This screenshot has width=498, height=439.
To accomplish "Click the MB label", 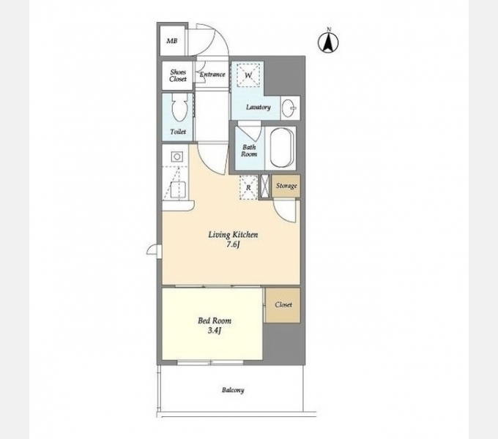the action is (172, 41).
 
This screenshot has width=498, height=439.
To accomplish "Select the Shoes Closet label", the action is (178, 75).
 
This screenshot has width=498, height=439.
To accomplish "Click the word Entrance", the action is (212, 75).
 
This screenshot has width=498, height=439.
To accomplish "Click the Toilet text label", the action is (178, 131).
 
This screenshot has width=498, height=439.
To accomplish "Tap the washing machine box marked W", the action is (248, 75).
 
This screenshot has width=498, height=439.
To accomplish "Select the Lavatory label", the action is (259, 108).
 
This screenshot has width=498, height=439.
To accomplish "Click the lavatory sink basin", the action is (289, 108).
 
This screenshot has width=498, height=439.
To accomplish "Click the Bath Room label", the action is (249, 151).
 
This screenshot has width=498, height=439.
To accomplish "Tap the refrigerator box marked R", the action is (248, 187).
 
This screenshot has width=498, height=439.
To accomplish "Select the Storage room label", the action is (286, 186).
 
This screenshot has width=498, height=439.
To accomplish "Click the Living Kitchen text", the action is (233, 235).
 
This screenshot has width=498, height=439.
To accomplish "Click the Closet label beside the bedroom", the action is (283, 304).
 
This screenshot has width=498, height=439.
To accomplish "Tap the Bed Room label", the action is (215, 320).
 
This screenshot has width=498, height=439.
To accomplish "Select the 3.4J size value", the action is (215, 331).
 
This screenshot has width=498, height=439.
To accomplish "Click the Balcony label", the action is (233, 390).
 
